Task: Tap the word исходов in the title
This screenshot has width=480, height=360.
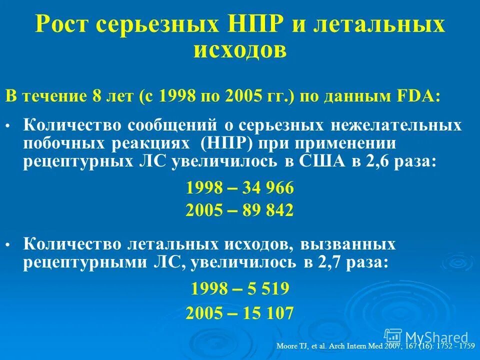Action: [x=240, y=49]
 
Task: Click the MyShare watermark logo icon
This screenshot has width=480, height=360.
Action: [x=393, y=336]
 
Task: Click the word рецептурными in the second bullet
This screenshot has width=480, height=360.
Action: [x=81, y=263]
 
